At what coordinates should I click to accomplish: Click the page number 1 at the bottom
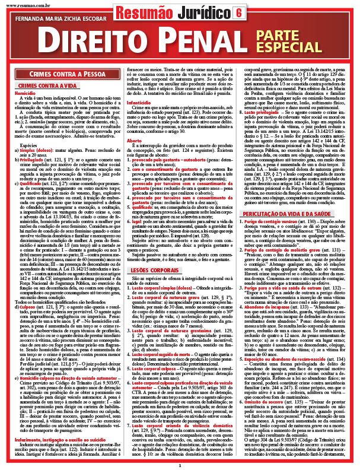pyautogui.click(x=179, y=465)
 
